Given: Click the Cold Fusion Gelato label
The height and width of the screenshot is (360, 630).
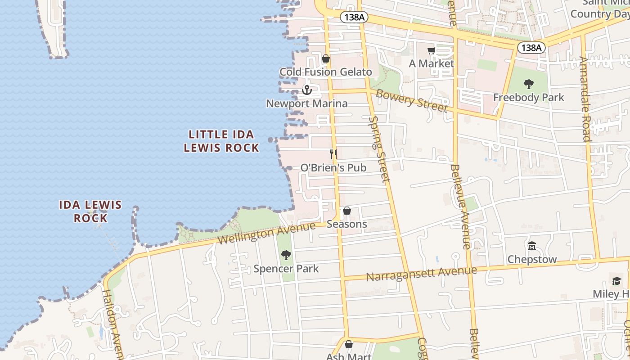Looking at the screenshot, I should (x=326, y=72).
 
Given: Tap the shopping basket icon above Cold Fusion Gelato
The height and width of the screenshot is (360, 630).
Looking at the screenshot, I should (x=326, y=59).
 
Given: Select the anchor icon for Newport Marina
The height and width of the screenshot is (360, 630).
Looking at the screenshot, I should (x=307, y=90).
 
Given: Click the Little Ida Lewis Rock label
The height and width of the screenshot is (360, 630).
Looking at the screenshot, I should (x=221, y=141).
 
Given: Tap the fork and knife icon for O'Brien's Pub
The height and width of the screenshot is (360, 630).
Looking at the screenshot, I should (x=333, y=154).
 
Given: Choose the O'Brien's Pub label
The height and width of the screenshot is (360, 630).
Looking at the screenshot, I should (x=333, y=168).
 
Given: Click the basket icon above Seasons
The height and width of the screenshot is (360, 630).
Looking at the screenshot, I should (x=347, y=211).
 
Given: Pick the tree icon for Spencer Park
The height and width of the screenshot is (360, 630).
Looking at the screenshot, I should (x=286, y=256).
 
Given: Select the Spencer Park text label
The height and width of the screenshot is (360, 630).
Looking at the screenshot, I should (x=286, y=269).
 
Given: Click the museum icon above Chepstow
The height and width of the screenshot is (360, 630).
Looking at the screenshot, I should (x=532, y=246).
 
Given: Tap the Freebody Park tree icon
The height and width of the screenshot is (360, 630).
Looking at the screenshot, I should (x=529, y=84).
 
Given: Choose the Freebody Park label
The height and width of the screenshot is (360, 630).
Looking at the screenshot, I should (x=529, y=97).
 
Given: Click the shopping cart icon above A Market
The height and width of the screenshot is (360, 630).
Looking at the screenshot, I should (x=431, y=51).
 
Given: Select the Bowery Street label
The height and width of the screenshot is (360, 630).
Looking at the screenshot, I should (x=412, y=100).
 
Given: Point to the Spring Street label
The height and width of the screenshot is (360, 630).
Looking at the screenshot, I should (x=379, y=149).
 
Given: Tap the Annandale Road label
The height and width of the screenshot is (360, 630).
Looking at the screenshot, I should (x=585, y=99).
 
